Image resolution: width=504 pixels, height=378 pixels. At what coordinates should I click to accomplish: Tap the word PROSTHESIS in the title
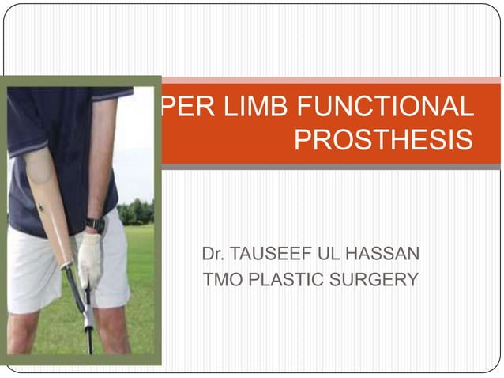(x=383, y=141)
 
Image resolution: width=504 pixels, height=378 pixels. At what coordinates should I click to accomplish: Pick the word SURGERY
(x=376, y=279)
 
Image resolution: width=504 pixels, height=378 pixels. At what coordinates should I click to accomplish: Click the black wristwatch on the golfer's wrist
(x=96, y=225)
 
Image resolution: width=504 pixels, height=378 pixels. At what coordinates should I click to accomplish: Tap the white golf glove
(x=90, y=257)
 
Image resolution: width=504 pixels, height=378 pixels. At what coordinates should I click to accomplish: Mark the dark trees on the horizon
(x=136, y=212)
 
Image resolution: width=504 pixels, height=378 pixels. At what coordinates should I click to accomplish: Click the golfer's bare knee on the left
(x=24, y=332)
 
